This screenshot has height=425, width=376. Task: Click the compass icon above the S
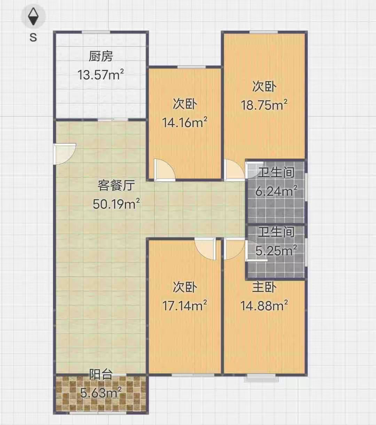click(x=33, y=16)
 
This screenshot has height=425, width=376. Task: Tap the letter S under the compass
click(x=33, y=38)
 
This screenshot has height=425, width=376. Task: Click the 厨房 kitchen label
click(x=101, y=56)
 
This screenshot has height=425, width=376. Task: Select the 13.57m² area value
click(x=101, y=75)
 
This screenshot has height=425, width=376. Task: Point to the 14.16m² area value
click(x=185, y=122)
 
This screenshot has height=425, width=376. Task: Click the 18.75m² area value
click(x=264, y=105)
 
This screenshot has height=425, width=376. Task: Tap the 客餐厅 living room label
click(x=116, y=185)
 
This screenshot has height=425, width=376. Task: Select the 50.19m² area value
click(x=116, y=203)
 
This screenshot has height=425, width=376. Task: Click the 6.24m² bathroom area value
click(x=276, y=191)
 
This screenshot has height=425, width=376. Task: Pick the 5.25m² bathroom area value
click(x=276, y=250)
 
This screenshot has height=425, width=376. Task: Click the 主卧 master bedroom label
click(x=264, y=287)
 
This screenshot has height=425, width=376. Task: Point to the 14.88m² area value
click(x=264, y=306)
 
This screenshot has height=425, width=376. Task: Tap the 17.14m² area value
click(x=185, y=306)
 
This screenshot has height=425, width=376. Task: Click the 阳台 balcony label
click(x=101, y=374)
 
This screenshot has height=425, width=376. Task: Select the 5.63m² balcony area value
click(x=101, y=393)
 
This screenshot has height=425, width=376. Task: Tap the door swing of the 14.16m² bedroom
click(x=164, y=170)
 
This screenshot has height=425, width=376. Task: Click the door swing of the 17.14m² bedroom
click(x=205, y=249)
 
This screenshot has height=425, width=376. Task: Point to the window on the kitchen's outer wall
click(x=96, y=32)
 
